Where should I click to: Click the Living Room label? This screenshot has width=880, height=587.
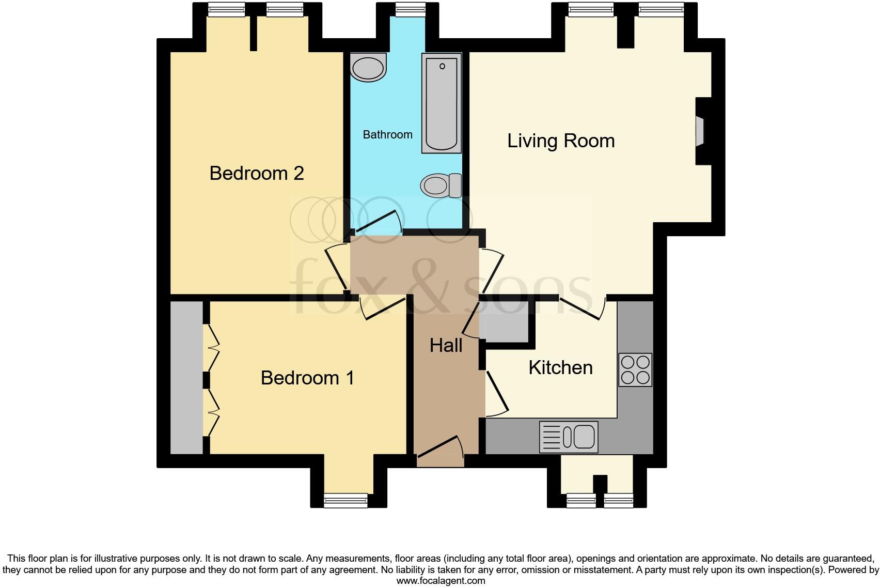pyautogui.click(x=561, y=141)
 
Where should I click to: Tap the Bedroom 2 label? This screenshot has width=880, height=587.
pyautogui.click(x=256, y=173)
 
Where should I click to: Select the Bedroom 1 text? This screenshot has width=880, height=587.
pyautogui.click(x=307, y=378)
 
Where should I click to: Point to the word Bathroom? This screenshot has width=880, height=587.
pyautogui.click(x=387, y=135)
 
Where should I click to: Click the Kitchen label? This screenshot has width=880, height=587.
pyautogui.click(x=560, y=368)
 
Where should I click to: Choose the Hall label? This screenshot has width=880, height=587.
pyautogui.click(x=446, y=346)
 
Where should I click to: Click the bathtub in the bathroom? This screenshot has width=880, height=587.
pyautogui.click(x=442, y=103)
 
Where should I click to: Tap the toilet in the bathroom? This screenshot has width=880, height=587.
pyautogui.click(x=441, y=185)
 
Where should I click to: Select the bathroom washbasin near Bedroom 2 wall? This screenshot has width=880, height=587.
pyautogui.click(x=368, y=68)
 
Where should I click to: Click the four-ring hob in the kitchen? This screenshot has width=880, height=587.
pyautogui.click(x=635, y=370)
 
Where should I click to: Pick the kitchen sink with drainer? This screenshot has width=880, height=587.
pyautogui.click(x=569, y=437)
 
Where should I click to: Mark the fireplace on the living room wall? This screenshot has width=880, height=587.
pyautogui.click(x=701, y=131)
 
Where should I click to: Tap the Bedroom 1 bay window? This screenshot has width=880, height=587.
pyautogui.click(x=345, y=500)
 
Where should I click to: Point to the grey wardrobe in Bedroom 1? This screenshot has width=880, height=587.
pyautogui.click(x=186, y=378)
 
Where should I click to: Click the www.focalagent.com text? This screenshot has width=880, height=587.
pyautogui.click(x=441, y=581)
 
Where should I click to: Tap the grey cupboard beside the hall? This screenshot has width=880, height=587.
pyautogui.click(x=504, y=326)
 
